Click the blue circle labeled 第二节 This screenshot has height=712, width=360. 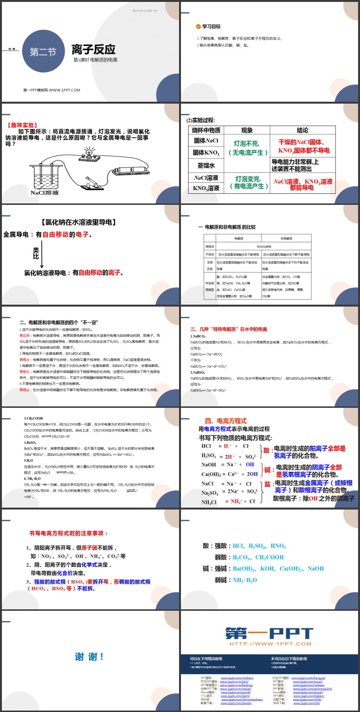tap(43, 51)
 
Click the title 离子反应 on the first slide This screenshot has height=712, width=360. tap(93, 49)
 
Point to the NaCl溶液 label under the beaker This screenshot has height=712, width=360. tap(45, 193)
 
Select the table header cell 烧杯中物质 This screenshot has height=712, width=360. tap(206, 130)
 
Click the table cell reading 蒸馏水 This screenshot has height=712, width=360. tap(206, 165)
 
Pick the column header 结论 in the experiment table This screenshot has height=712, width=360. tap(302, 130)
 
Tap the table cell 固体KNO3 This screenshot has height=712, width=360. tap(206, 153)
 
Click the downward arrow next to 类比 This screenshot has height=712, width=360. tap(42, 256)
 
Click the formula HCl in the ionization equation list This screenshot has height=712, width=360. tap(207, 446)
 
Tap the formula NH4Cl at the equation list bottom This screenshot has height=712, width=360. tap(210, 502)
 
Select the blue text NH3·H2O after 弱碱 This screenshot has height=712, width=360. tap(245, 580)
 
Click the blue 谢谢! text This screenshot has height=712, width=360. tap(89, 657)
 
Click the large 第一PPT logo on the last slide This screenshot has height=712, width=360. tap(269, 633)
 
